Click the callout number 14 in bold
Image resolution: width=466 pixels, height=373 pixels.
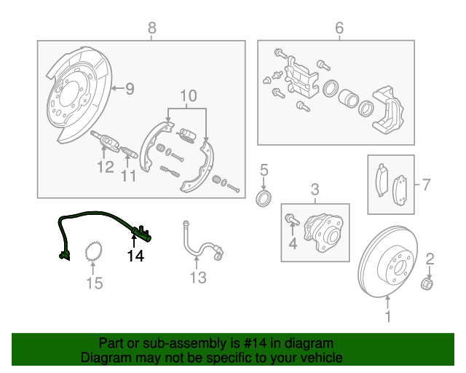(136, 256)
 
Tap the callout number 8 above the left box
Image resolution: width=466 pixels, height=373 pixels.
(151, 28)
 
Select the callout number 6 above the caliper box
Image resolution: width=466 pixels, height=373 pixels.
(339, 28)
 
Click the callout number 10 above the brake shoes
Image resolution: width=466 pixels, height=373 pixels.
(188, 95)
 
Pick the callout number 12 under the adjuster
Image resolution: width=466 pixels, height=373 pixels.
(105, 168)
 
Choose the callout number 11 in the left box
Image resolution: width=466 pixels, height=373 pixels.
(129, 176)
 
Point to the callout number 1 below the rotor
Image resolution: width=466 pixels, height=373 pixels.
(387, 317)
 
